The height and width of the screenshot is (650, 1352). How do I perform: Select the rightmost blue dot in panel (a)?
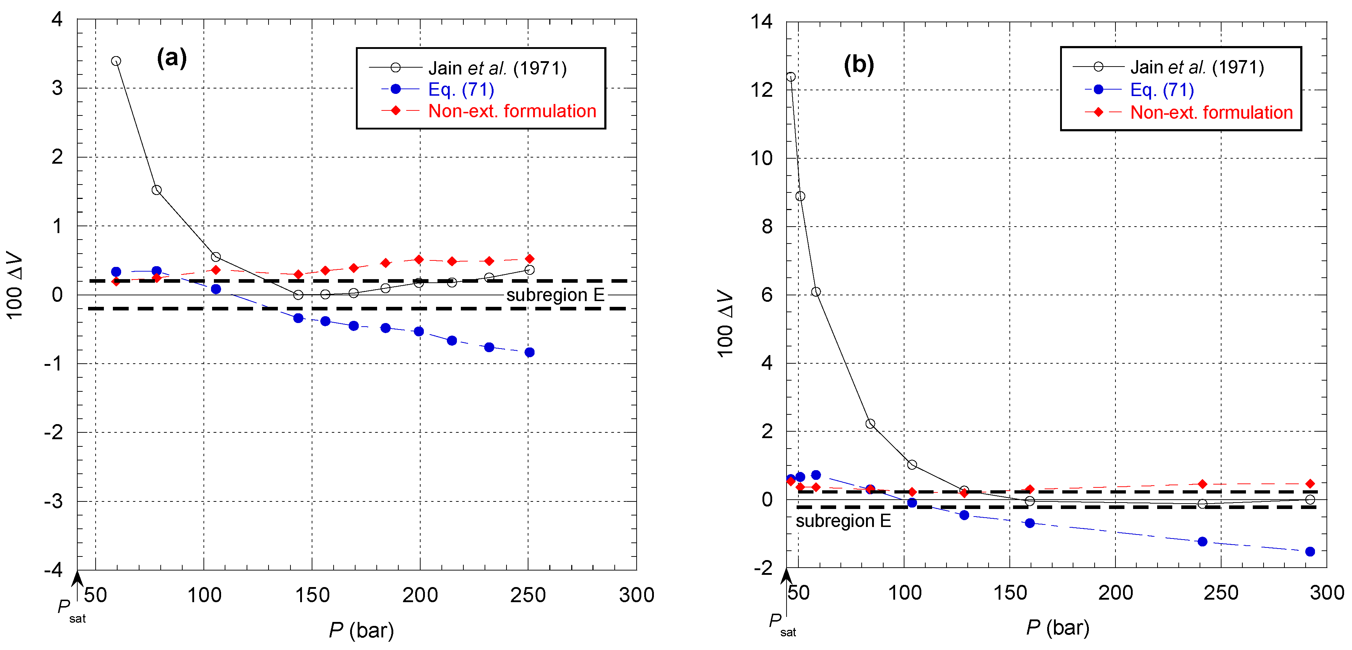click(530, 352)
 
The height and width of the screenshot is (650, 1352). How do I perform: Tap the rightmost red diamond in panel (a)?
click(530, 259)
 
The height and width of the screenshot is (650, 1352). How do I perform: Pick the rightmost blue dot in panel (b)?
click(1310, 551)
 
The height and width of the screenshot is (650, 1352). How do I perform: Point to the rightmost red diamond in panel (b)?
click(1310, 483)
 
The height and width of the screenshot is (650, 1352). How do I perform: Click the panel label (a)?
click(171, 57)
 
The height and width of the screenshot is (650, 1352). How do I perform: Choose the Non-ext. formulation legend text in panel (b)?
click(1211, 112)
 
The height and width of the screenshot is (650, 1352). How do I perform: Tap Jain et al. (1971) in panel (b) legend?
click(1197, 67)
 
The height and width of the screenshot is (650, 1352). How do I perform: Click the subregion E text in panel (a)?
click(555, 295)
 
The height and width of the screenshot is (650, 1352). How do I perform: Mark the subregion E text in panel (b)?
click(843, 521)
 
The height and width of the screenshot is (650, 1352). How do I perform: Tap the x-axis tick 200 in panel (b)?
click(1115, 593)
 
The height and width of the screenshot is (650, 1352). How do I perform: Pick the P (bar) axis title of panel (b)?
click(1058, 627)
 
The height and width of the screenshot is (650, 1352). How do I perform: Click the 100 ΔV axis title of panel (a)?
click(15, 286)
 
